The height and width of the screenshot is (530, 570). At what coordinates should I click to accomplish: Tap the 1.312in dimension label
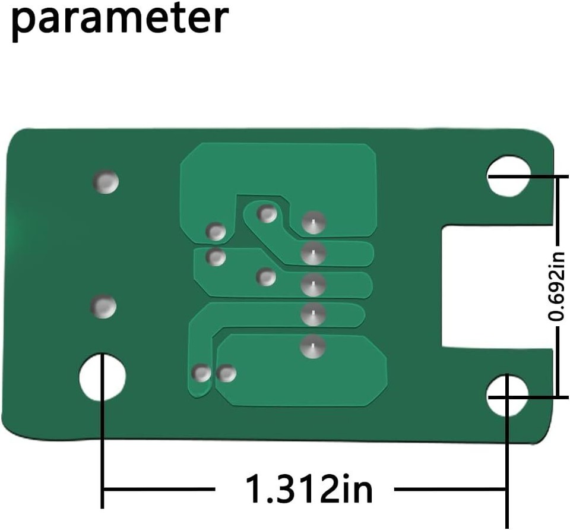click(309, 489)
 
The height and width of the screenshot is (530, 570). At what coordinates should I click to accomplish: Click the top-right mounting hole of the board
click(508, 175)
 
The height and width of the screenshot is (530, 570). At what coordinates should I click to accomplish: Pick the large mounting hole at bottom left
click(103, 377)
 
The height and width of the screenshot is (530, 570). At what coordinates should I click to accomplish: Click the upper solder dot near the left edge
click(106, 182)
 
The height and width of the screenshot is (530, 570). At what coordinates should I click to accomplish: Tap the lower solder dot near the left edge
click(103, 307)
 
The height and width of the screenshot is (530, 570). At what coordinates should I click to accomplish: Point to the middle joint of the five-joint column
click(313, 285)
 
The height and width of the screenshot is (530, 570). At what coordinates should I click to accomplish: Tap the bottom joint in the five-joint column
click(312, 346)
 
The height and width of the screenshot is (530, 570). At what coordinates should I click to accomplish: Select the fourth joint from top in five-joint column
click(313, 315)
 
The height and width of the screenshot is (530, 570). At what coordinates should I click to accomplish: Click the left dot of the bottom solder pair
click(202, 373)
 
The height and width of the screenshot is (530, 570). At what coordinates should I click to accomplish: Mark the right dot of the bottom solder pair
click(226, 373)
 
